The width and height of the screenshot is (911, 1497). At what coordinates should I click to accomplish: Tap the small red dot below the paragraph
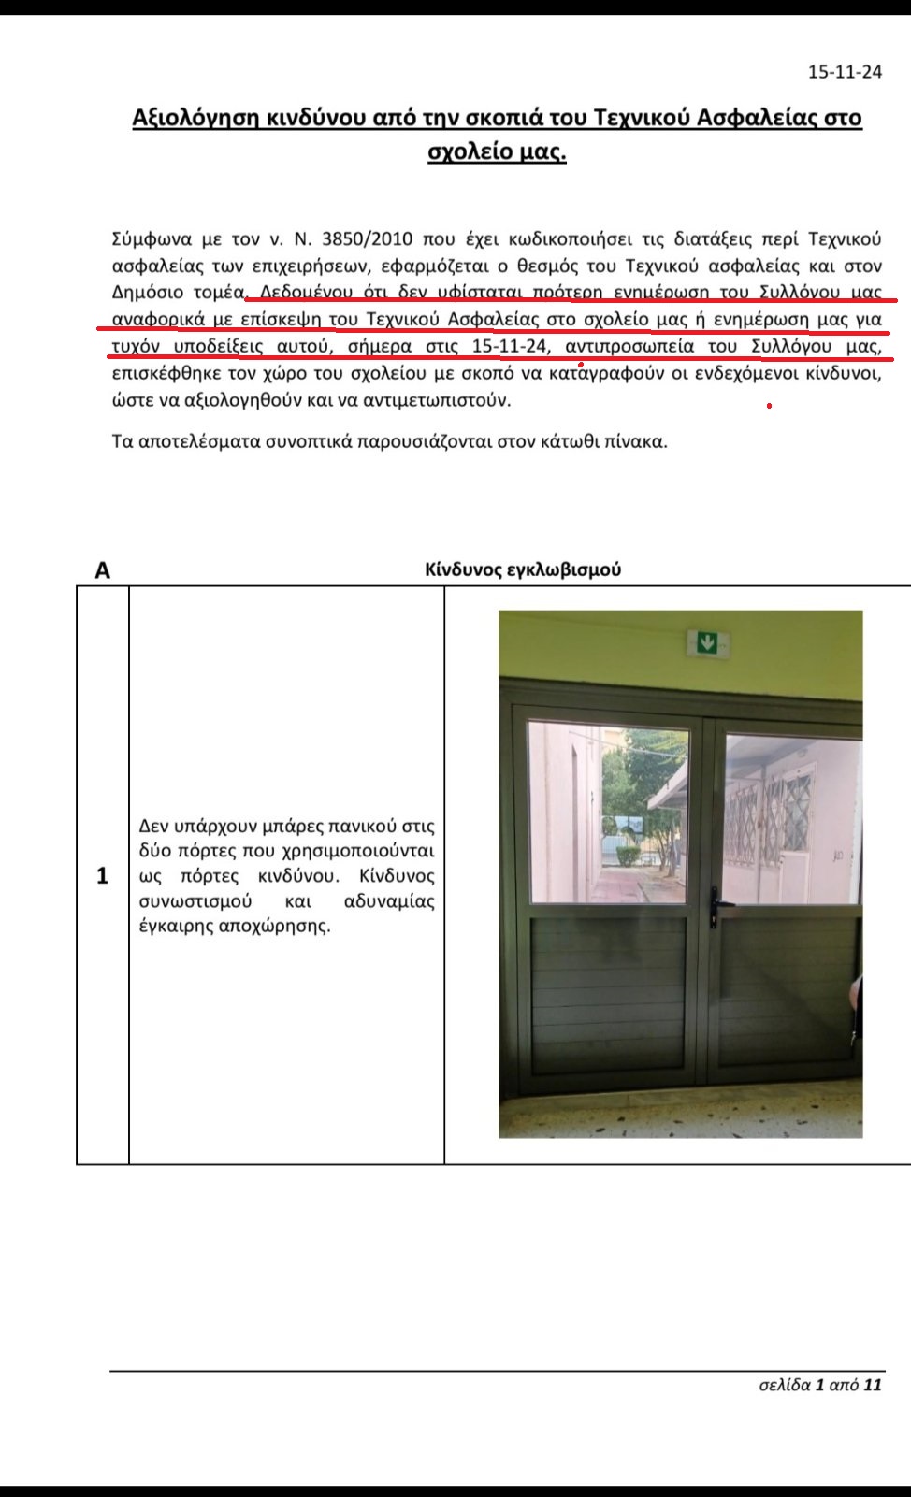[769, 406]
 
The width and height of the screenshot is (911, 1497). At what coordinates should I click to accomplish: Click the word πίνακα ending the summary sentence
[639, 441]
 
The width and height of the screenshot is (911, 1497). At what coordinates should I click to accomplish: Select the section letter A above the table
[103, 570]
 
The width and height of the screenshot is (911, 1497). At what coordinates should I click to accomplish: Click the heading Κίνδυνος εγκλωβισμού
[523, 569]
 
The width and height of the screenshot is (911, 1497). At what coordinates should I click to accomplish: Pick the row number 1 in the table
[102, 876]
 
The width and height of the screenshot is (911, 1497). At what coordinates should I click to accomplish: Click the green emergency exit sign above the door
[708, 641]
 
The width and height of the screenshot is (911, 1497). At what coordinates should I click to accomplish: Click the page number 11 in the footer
[873, 1385]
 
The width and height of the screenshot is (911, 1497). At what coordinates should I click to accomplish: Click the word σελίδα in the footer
[784, 1385]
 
